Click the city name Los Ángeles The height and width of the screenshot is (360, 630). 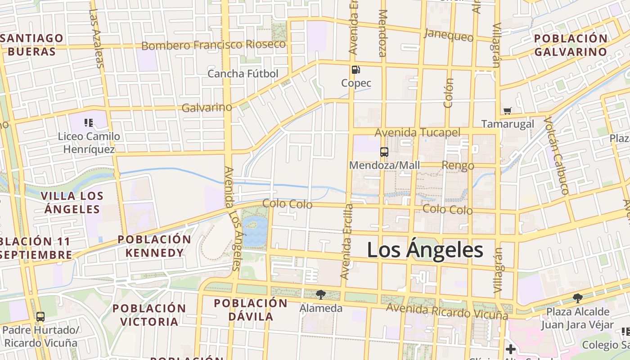pos(425,250)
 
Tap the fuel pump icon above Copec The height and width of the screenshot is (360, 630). pos(355,70)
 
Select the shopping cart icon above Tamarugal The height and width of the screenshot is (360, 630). pos(508,111)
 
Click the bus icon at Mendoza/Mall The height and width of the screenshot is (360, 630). pos(384,152)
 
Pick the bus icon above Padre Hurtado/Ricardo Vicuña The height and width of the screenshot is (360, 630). pos(40,317)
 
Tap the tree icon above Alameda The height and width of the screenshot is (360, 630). pos(321,295)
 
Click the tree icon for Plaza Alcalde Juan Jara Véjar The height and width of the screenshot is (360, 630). pos(577,298)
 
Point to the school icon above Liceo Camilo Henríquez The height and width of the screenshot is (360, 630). pos(88,122)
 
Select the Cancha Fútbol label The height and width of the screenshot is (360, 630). pos(243,73)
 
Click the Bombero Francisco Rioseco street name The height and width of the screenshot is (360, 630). pos(214,45)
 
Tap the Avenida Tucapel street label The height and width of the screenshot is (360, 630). pos(418,132)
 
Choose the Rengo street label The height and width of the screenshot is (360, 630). pos(458,166)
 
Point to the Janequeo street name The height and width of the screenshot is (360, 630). pos(449,35)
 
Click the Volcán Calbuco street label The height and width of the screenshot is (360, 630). pos(557,156)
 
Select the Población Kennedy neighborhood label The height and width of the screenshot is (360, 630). pos(154,246)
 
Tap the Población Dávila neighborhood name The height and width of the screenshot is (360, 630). pos(251,310)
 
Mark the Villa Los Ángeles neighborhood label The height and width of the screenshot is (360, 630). pos(72,202)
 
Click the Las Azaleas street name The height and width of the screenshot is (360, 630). pos(96,38)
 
